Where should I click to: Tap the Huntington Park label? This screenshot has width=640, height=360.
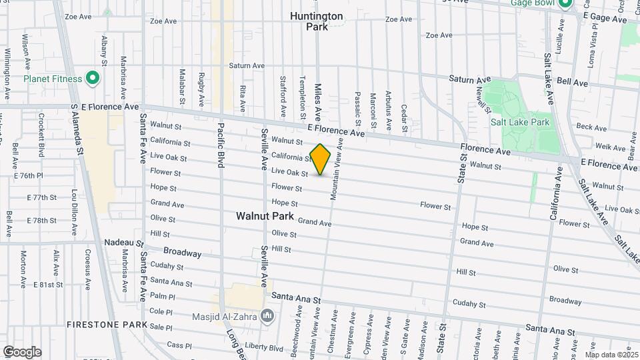point(317,21)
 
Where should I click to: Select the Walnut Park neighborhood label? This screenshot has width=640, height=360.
point(265,216)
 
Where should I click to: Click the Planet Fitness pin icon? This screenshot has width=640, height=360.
point(93,79)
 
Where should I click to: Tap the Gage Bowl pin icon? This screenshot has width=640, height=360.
point(565,4)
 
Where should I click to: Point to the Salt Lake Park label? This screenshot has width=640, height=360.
point(519,122)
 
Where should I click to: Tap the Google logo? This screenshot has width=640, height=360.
point(21,352)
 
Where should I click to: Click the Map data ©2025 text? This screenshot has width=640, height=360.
point(611,354)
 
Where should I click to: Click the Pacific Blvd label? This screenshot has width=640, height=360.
point(220,143)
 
